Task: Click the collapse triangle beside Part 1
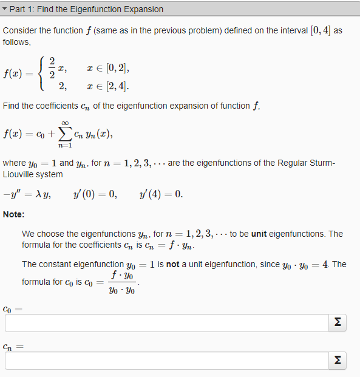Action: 5,9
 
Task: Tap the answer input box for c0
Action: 164,323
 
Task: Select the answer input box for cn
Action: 164,361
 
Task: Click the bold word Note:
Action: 13,214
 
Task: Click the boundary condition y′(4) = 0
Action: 160,195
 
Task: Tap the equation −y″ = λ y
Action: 27,195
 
